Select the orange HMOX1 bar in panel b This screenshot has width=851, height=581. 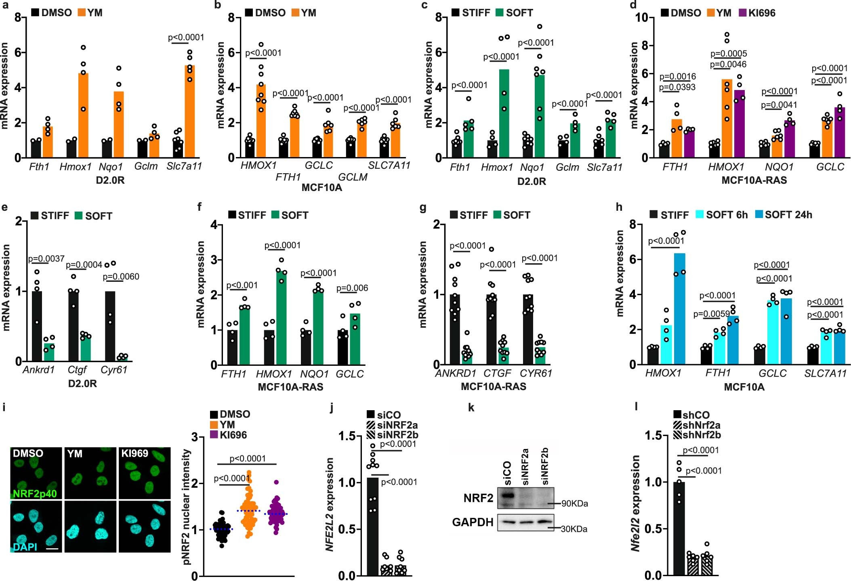(x=261, y=121)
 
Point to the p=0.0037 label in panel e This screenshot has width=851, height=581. (x=46, y=258)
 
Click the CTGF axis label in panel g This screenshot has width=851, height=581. (x=497, y=373)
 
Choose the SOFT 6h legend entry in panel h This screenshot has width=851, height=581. (x=721, y=214)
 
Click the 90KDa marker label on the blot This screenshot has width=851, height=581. (x=574, y=503)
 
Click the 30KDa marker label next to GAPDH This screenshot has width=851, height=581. (x=574, y=529)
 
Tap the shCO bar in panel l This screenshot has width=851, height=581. (x=679, y=529)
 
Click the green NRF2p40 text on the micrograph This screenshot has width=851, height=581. (x=35, y=493)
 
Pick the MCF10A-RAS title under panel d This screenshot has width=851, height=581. (x=754, y=180)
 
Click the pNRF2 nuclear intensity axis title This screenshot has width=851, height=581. (x=186, y=507)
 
